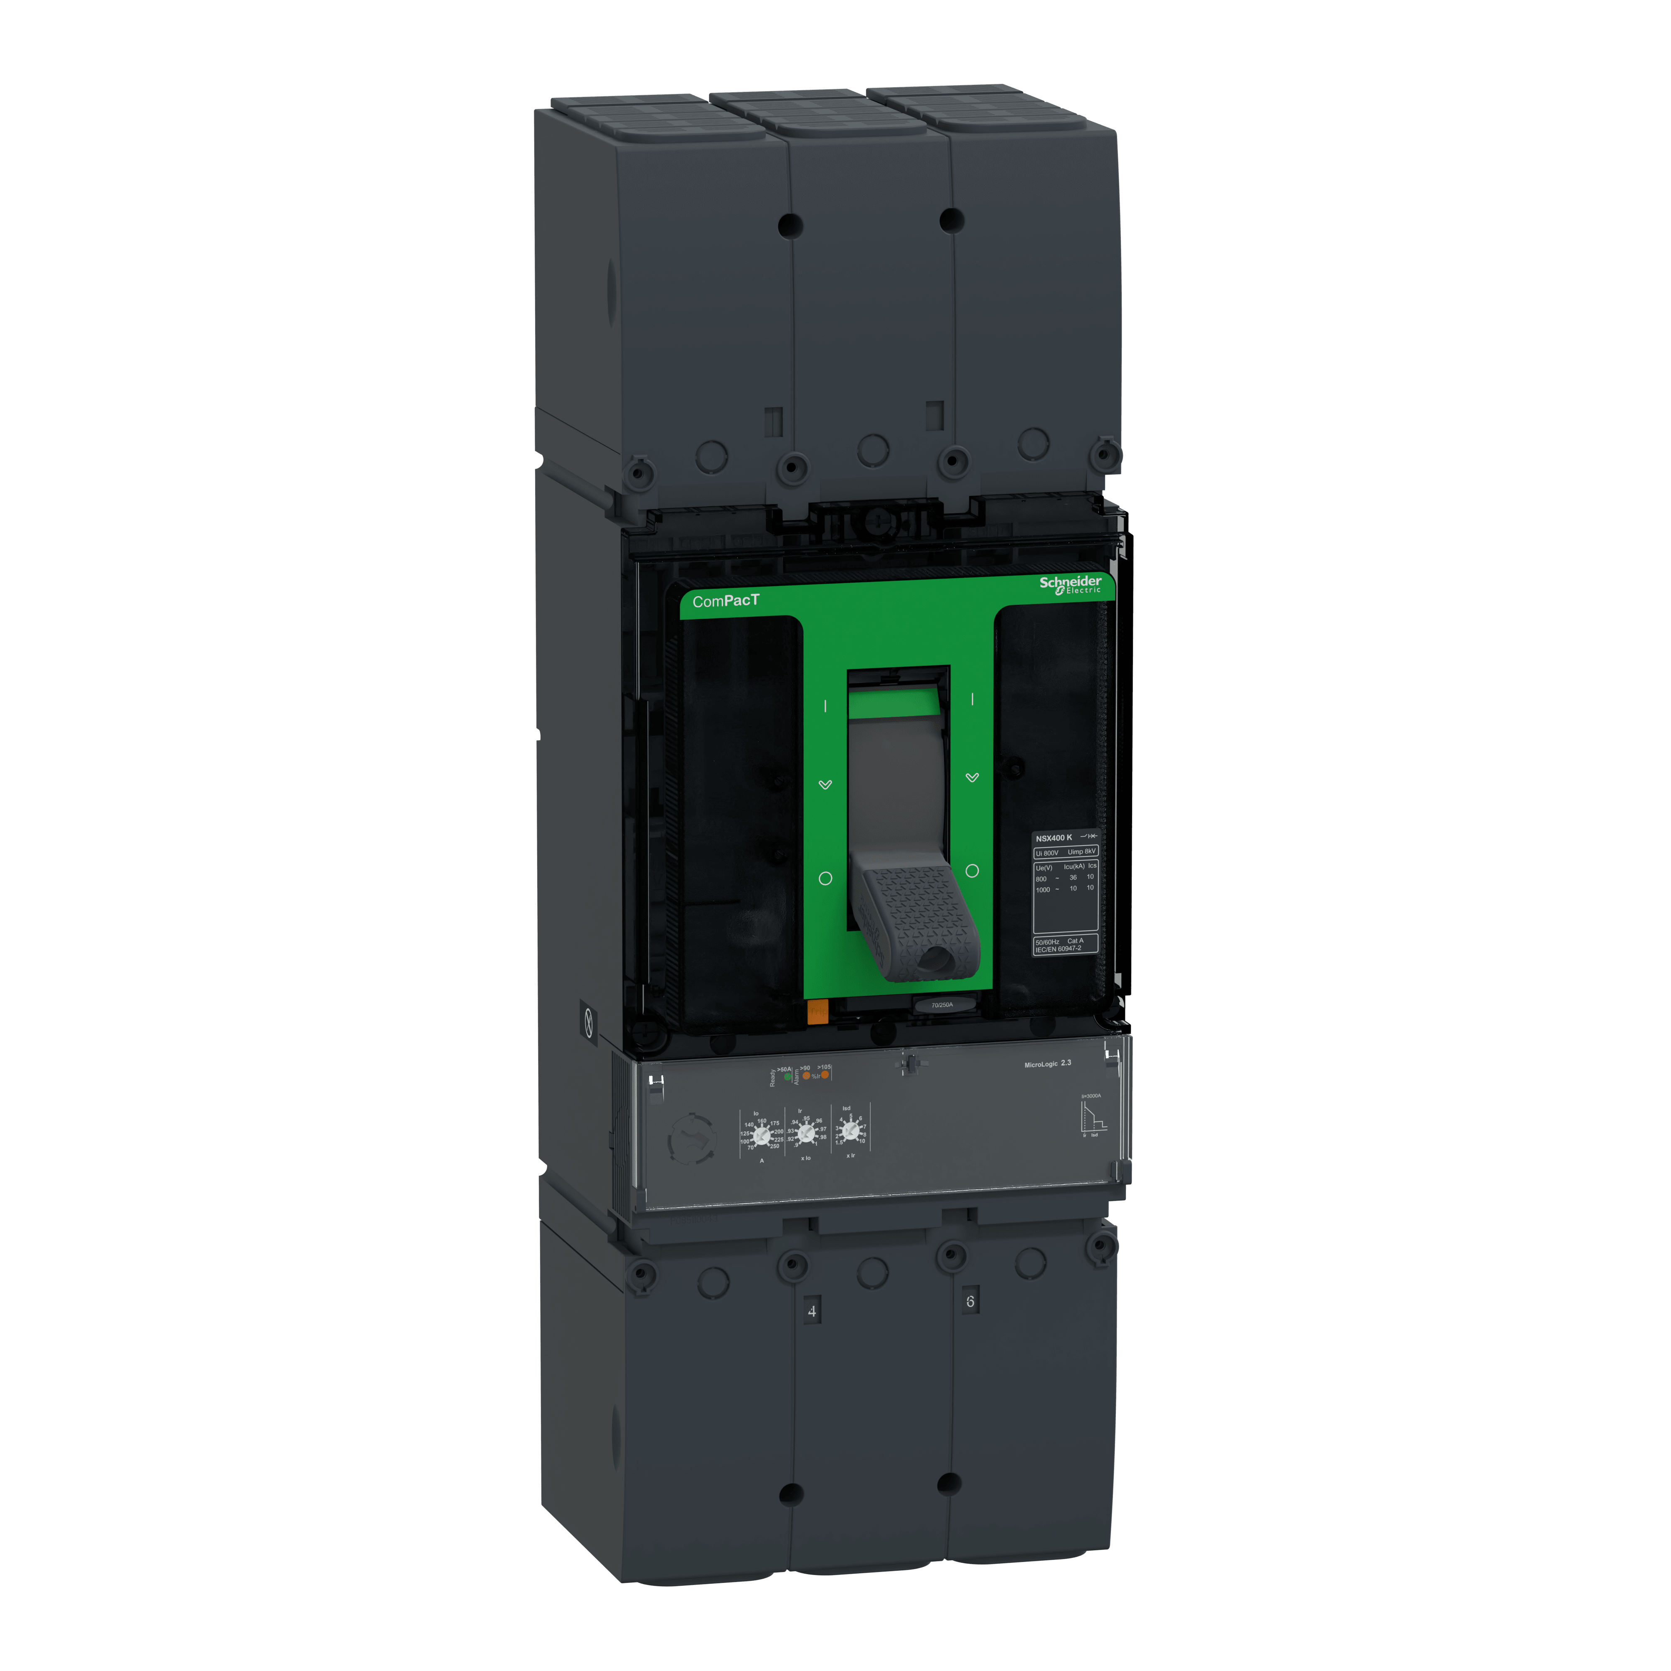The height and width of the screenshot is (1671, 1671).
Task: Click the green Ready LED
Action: point(787,1077)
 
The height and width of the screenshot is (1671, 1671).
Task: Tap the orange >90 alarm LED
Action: point(806,1076)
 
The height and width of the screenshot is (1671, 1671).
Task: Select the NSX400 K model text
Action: point(1054,837)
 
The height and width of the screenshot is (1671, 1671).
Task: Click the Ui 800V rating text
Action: point(1046,853)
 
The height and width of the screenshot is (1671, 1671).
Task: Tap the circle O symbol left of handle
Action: point(825,878)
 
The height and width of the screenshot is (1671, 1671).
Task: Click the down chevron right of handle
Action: point(972,777)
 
